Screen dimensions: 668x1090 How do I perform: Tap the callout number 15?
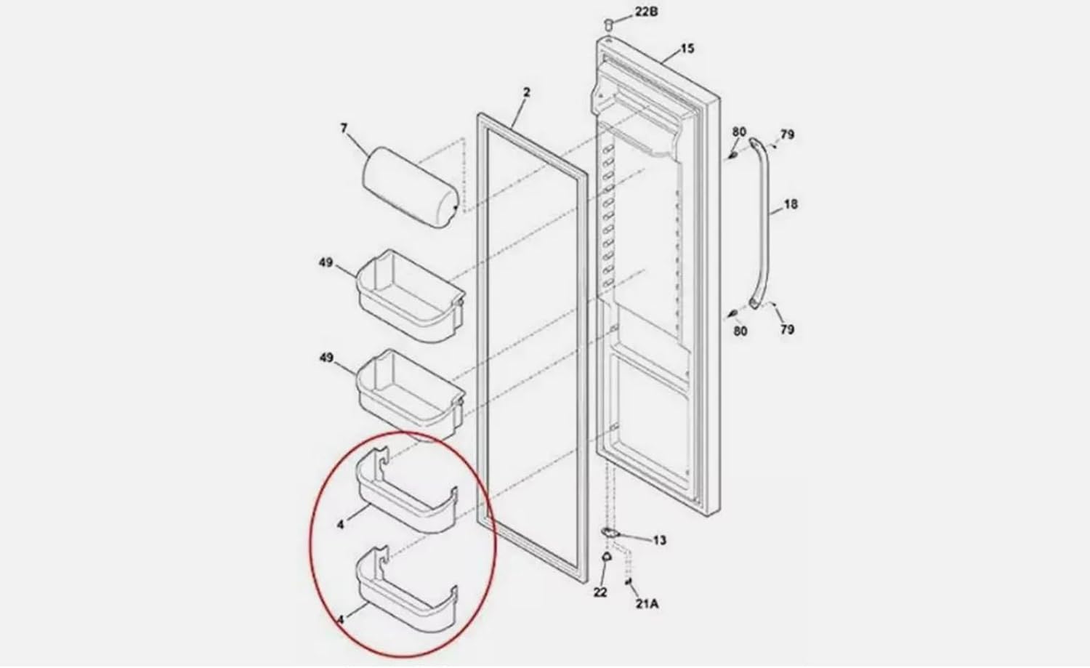(x=687, y=49)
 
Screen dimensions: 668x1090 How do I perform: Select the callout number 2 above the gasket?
(x=527, y=92)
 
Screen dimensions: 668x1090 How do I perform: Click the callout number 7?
(x=344, y=129)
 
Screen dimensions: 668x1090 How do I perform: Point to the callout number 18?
(x=791, y=204)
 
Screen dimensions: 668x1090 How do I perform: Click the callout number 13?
(x=659, y=540)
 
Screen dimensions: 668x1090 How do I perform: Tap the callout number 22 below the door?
(x=599, y=592)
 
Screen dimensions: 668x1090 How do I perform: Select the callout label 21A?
(x=647, y=603)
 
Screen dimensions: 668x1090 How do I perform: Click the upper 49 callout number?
(x=326, y=262)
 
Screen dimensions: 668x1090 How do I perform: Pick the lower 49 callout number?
(x=326, y=358)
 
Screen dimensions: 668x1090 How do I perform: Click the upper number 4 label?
(x=340, y=522)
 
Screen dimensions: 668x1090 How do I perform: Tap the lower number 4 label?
(x=340, y=619)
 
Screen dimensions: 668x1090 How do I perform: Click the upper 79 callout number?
(x=787, y=134)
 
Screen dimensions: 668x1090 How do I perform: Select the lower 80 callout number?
(x=740, y=331)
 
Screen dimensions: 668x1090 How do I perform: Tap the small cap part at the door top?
(x=607, y=25)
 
